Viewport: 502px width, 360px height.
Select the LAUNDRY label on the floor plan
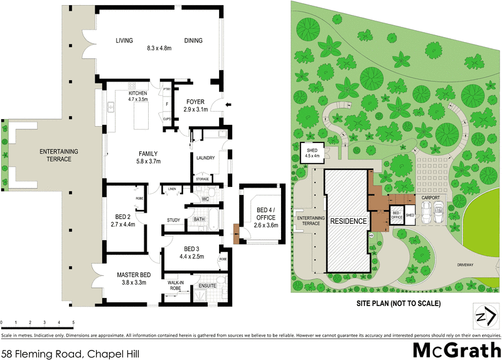pos(206,158)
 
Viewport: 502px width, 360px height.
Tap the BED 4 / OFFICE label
pos(262,216)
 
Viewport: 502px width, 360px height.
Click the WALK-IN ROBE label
pos(174,286)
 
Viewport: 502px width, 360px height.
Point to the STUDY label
pos(174,220)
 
